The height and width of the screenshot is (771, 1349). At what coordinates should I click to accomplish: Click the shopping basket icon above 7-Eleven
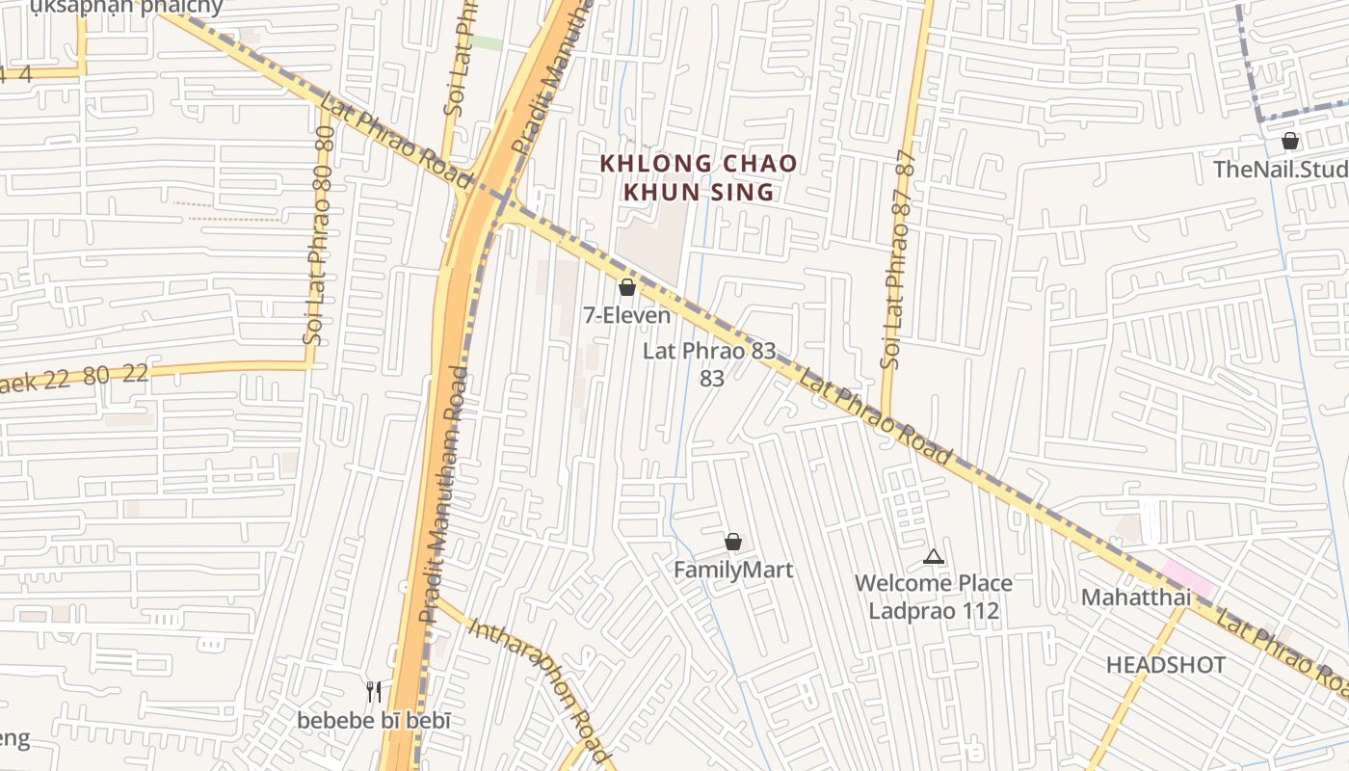[626, 287]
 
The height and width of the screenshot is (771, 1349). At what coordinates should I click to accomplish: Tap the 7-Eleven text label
[626, 315]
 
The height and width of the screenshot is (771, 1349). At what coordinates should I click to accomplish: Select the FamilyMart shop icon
[733, 542]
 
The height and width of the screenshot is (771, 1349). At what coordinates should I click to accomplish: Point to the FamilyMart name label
[733, 570]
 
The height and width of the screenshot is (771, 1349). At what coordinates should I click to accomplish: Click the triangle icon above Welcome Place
[933, 556]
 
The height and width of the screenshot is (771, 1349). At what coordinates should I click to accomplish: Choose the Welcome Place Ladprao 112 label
[933, 597]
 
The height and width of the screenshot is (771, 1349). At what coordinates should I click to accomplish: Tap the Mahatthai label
[1135, 597]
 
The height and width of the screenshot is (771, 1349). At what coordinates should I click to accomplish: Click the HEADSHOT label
[1166, 665]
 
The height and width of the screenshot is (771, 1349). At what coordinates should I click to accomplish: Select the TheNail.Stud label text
[1280, 170]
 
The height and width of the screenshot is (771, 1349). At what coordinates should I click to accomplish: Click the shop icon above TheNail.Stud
[1290, 142]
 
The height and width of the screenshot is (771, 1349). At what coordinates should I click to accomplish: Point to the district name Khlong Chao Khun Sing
[699, 177]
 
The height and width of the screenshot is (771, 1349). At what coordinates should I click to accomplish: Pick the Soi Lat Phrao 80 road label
[318, 241]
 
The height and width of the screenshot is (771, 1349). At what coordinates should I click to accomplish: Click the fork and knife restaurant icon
[375, 691]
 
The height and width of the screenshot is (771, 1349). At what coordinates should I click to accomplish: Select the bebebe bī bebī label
[374, 720]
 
